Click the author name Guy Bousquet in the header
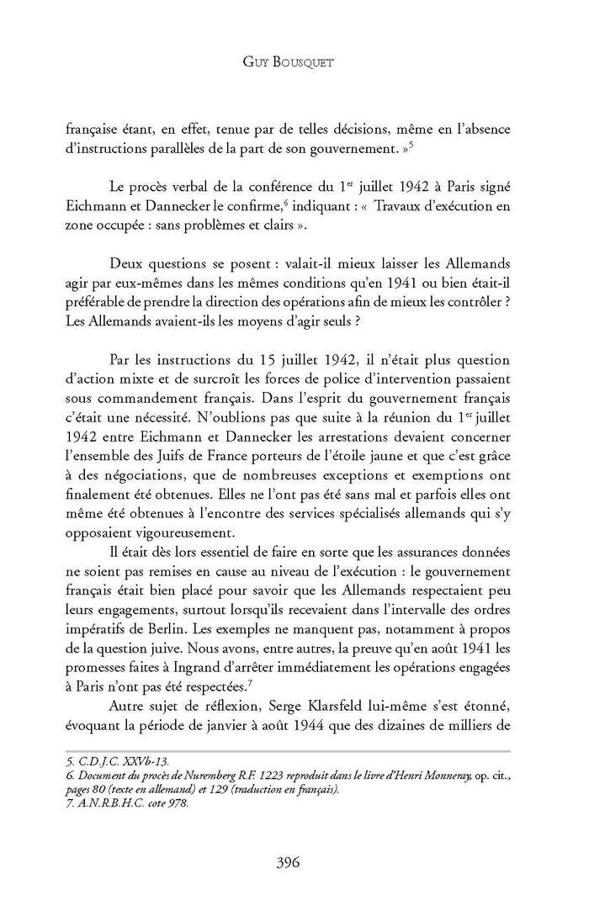coord(294,61)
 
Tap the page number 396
coord(294,860)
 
